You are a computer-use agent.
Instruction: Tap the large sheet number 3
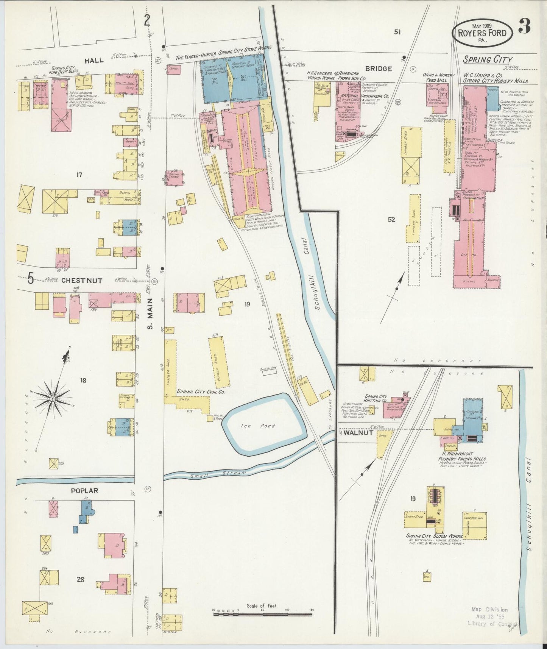(x=524, y=27)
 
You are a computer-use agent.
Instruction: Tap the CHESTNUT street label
(x=81, y=281)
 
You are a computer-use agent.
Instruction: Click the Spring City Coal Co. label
(x=199, y=392)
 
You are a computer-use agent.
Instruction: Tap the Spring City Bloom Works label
(x=434, y=537)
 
